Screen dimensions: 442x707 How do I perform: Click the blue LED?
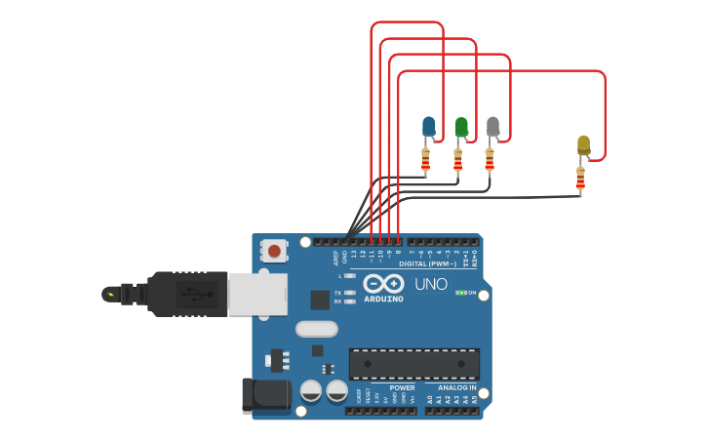point(428,127)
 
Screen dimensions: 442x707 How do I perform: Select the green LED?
point(461,127)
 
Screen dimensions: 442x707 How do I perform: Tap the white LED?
point(492,127)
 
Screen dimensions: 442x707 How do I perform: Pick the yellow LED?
point(583,145)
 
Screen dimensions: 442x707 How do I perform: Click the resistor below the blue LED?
point(425,160)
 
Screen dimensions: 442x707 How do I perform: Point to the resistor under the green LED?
point(458,160)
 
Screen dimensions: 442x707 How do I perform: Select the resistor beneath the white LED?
point(490,160)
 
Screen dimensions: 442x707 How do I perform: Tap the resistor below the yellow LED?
point(580,180)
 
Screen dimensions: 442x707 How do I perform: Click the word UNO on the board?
point(430,285)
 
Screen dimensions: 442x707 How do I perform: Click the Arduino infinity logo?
point(383,284)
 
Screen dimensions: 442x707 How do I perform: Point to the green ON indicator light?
point(461,293)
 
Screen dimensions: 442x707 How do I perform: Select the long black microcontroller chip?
point(413,363)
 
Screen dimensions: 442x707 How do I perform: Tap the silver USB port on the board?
point(258,294)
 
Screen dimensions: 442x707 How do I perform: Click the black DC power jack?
point(266,394)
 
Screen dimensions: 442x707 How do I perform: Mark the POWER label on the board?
point(402,387)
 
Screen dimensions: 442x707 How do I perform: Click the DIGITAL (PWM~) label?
point(427,263)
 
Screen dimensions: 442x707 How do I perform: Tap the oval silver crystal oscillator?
point(317,329)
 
